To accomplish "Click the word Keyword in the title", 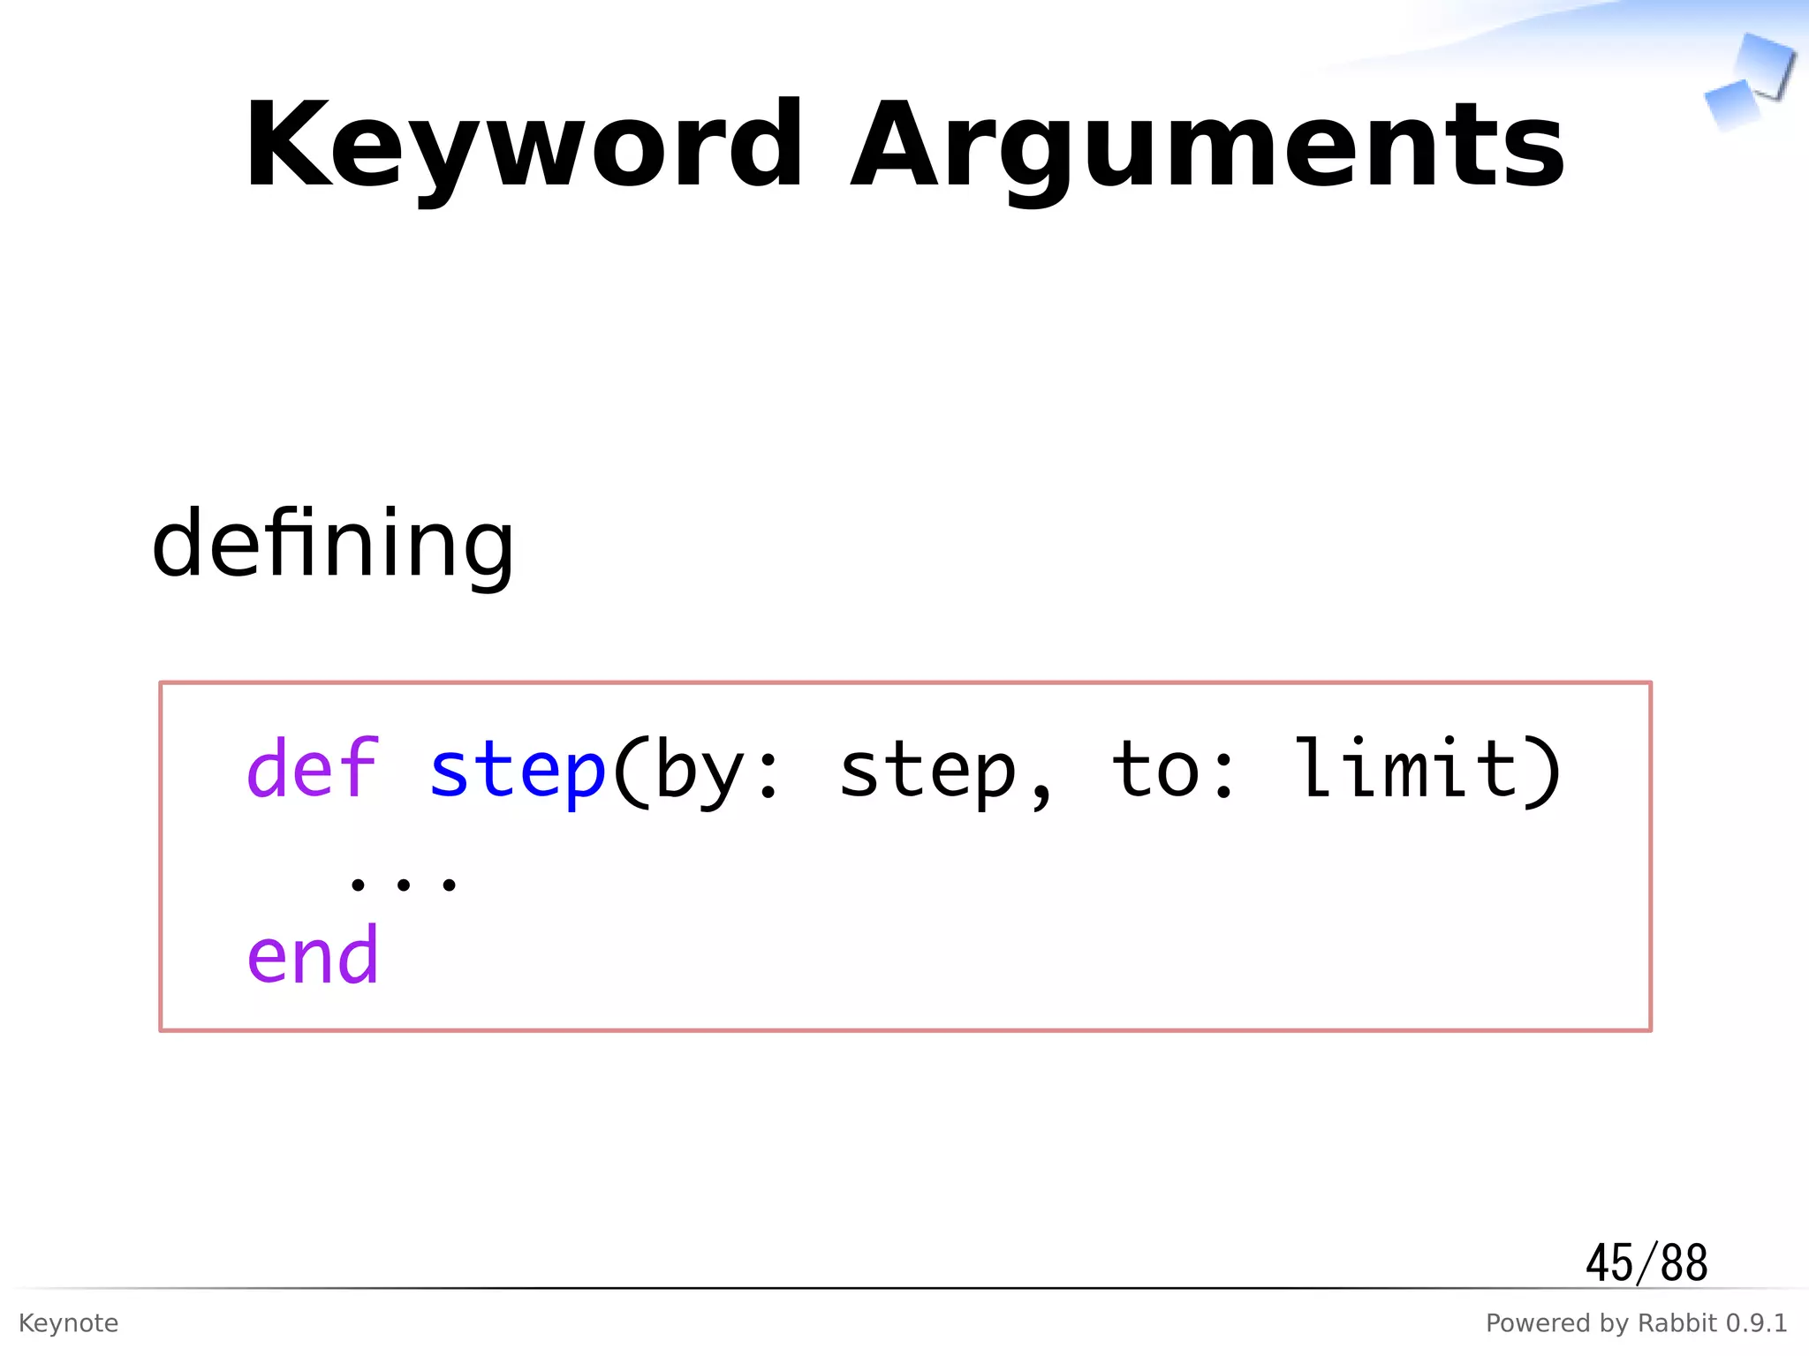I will coord(523,146).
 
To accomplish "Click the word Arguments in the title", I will coord(1207,146).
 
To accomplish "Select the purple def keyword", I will coord(313,768).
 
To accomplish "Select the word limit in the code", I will coord(1404,768).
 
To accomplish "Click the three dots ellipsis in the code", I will coord(403,883).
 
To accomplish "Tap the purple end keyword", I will coord(313,955).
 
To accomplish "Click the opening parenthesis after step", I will coord(631,772).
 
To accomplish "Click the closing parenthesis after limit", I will coord(1542,772).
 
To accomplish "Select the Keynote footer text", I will coord(68,1323).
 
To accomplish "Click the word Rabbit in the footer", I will coord(1677,1323).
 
